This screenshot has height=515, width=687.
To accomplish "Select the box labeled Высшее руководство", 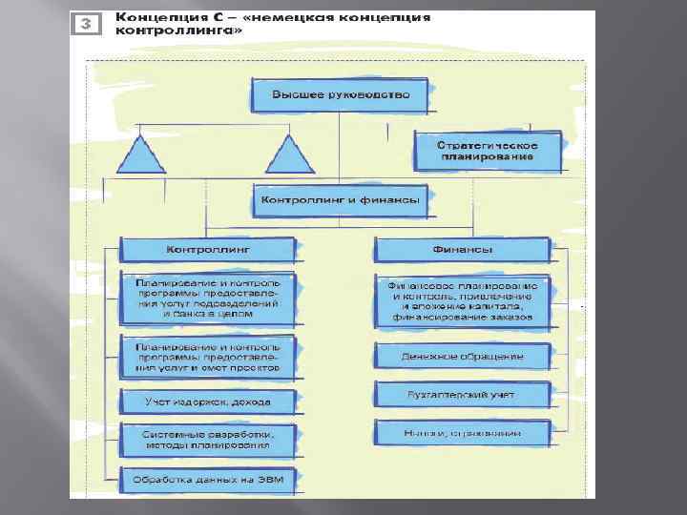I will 341,94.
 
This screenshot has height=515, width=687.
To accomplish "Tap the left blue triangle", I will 143,152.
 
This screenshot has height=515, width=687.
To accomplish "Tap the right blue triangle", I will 284,152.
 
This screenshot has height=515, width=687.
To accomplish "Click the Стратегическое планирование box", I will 487,152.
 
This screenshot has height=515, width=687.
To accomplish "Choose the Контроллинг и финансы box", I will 341,200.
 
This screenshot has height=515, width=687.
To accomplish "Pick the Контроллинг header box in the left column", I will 207,250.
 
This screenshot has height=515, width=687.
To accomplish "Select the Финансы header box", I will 462,250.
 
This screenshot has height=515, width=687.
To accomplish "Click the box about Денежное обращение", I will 462,356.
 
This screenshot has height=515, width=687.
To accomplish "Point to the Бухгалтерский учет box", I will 462,393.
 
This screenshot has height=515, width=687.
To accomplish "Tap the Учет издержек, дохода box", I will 207,402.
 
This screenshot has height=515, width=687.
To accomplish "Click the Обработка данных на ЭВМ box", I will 207,479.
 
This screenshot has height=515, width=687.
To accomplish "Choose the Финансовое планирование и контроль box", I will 462,301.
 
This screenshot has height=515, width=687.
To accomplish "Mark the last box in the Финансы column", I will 462,432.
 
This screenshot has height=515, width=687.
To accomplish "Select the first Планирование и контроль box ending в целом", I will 207,297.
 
